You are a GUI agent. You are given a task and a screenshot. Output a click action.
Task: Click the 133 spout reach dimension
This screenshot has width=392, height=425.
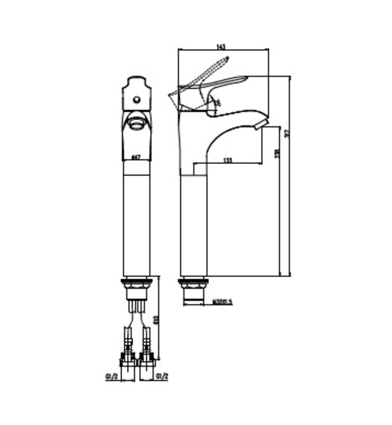[x=227, y=160]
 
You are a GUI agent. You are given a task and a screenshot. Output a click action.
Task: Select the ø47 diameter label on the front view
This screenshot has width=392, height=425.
[x=136, y=157]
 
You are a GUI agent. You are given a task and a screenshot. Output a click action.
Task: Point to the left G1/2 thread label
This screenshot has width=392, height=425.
[x=111, y=377]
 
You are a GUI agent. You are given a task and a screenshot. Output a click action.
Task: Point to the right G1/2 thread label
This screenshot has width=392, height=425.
[x=162, y=377]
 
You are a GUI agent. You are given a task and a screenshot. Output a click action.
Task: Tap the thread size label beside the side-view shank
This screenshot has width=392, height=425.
[x=223, y=300]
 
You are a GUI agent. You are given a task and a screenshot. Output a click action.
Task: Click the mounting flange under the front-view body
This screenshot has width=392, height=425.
[x=137, y=282]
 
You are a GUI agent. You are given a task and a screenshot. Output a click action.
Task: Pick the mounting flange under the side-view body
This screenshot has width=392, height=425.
[x=194, y=282]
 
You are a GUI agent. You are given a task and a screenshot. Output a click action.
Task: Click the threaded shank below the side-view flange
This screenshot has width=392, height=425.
[x=194, y=296]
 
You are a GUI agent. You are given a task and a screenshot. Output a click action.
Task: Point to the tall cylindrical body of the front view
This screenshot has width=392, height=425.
[x=137, y=225]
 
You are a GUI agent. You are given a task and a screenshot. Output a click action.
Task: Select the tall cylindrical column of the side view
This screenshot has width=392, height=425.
[x=194, y=225]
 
